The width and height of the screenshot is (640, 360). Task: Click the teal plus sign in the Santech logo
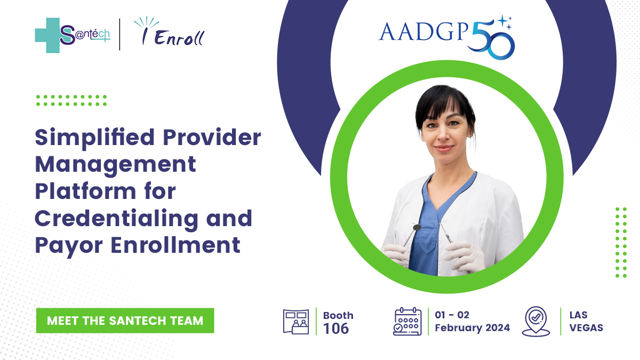47,35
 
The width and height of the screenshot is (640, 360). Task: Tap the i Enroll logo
170,31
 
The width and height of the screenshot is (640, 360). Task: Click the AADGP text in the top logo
423,31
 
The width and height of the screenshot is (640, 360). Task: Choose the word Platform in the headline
85,192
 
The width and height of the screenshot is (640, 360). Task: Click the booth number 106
336,329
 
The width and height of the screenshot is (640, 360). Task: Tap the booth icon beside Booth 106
296,322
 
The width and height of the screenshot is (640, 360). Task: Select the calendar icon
407,322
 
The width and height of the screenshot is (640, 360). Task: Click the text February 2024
473,327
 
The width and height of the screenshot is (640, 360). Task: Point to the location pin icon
535,322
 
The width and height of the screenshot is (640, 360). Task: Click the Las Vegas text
586,322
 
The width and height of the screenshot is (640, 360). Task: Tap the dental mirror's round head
418,227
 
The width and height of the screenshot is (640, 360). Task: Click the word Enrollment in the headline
175,245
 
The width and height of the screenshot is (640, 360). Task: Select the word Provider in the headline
212,137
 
